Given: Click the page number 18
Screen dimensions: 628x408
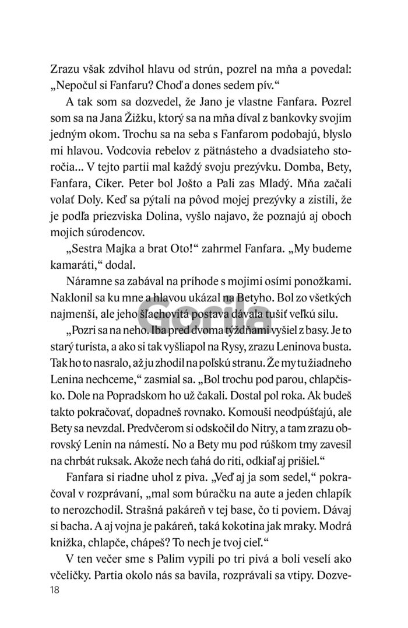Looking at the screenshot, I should pos(56,590).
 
